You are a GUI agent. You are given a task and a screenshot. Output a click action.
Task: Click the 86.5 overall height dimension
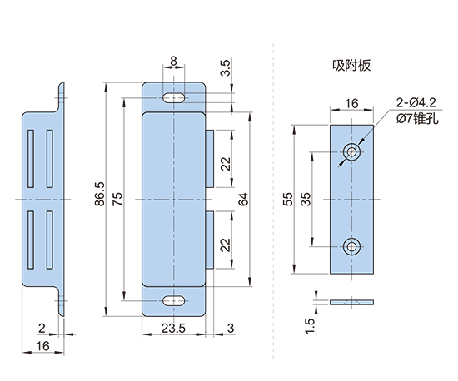[100, 195]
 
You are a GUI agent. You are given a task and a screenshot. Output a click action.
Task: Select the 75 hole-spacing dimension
[118, 199]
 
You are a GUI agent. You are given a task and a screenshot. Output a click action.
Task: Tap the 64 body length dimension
[243, 199]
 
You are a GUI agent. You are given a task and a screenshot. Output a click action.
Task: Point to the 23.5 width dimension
[173, 329]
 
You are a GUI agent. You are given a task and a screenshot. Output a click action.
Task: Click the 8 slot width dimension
[173, 61]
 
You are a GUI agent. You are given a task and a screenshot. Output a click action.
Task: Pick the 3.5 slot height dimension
[226, 67]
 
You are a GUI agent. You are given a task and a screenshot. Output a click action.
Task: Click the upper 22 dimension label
[226, 164]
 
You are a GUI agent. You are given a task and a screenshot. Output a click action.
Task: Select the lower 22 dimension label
[226, 245]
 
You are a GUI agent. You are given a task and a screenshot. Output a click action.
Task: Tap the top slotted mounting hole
[174, 97]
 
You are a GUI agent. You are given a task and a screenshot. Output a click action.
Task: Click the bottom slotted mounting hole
[174, 301]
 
